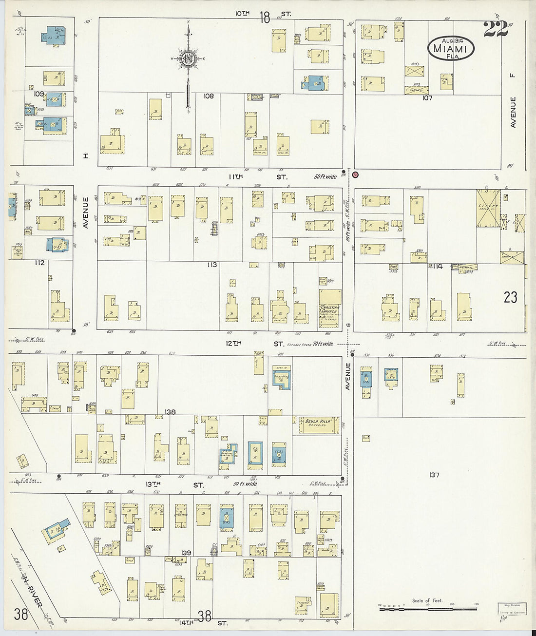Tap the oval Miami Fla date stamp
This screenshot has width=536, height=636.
(x=451, y=49)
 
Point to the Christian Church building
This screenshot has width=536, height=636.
(x=330, y=305)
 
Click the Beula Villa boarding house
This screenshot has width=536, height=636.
(x=319, y=424)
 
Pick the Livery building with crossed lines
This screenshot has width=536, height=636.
(x=488, y=208)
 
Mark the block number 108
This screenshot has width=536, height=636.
(x=209, y=96)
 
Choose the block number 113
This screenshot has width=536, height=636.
(x=211, y=265)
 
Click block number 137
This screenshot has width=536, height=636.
(x=434, y=474)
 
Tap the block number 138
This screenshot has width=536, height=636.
(x=170, y=412)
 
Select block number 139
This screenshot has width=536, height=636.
(x=186, y=553)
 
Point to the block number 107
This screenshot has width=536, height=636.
(x=427, y=98)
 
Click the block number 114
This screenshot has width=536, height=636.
(x=437, y=266)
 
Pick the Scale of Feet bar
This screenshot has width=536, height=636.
(x=428, y=608)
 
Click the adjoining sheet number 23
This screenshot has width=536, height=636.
(x=510, y=297)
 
